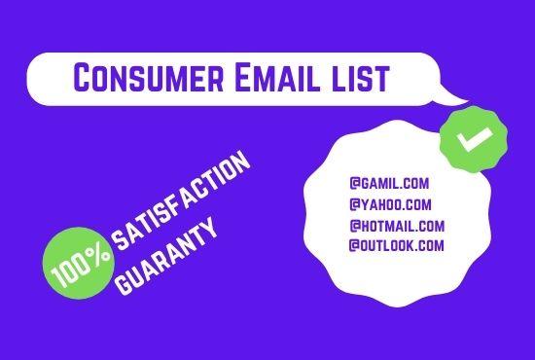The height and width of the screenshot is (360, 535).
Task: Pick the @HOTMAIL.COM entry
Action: tap(396, 226)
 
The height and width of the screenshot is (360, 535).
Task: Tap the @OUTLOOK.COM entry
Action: tap(396, 245)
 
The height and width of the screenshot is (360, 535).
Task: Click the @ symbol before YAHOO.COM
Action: tap(353, 204)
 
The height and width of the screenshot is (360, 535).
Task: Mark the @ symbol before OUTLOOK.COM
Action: tap(353, 245)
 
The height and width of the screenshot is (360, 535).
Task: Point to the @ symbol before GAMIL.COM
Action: tap(353, 182)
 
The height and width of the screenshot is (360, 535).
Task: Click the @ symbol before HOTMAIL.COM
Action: tap(353, 226)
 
